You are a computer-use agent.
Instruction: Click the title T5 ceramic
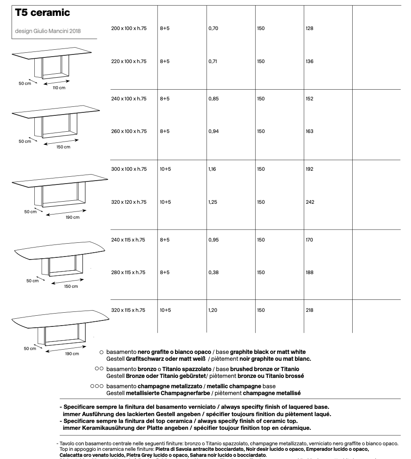[42, 13]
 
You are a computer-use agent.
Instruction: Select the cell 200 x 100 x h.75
[129, 28]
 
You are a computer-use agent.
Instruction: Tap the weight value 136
[309, 61]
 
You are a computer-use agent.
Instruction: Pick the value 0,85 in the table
[213, 99]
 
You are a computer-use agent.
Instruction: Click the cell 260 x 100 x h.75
[129, 131]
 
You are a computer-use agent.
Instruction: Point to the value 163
[309, 131]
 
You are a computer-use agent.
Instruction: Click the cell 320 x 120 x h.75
[129, 202]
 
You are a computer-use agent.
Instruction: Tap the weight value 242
[310, 202]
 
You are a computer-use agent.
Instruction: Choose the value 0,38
[213, 272]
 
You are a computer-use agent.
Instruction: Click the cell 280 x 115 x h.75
[128, 272]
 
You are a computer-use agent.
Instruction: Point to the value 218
[309, 310]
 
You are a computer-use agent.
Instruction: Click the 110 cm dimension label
[59, 88]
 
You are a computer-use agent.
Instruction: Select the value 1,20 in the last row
[213, 310]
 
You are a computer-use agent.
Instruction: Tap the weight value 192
[309, 169]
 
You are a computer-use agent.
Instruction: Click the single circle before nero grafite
[102, 352]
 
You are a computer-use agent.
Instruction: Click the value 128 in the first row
[309, 28]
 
